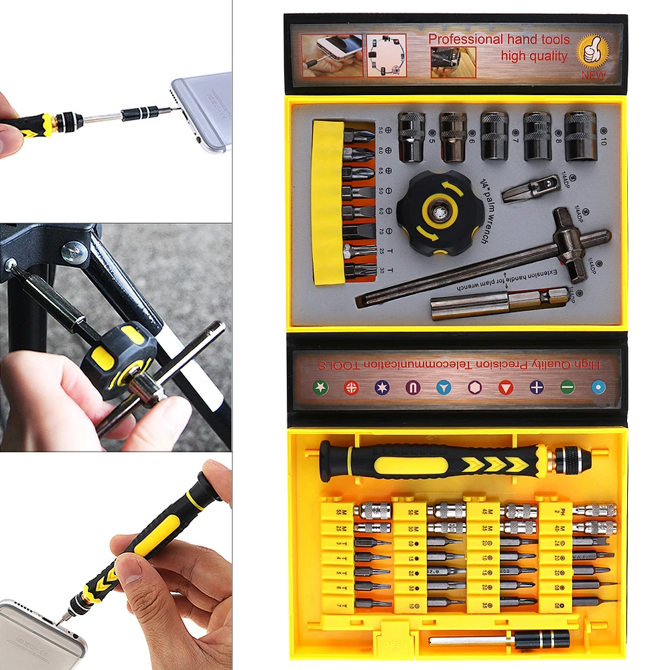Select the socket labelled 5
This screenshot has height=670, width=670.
coord(411,136)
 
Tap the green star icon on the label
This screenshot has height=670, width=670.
coord(321,387)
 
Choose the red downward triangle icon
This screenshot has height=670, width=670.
coord(506,387)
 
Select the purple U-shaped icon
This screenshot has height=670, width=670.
coord(413,387)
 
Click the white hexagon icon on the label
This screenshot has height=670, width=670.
coord(475,387)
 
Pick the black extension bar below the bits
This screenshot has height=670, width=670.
coord(499,640)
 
